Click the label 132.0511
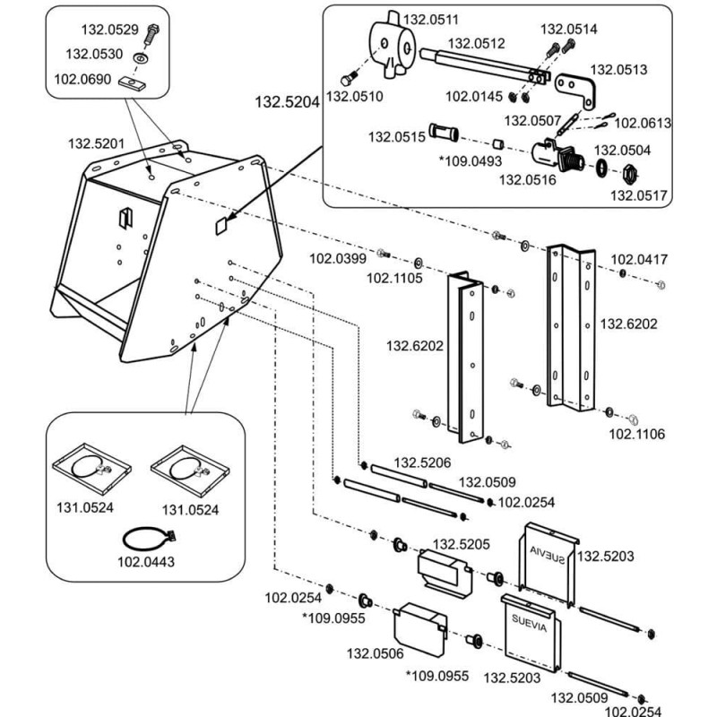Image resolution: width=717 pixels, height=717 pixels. (430, 19)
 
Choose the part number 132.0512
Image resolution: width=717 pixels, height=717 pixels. (477, 42)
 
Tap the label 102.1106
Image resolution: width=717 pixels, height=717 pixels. (637, 435)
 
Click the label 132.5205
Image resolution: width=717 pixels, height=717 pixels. (460, 545)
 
